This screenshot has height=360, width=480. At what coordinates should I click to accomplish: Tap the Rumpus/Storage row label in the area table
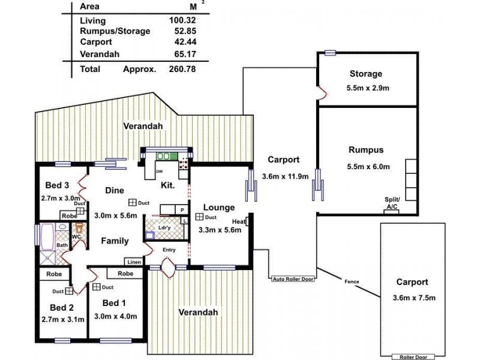click(x=115, y=31)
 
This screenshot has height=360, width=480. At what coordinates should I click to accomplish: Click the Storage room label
click(x=365, y=74)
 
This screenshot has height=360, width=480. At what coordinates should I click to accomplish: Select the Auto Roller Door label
click(x=292, y=278)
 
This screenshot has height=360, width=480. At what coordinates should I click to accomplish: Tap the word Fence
click(x=352, y=281)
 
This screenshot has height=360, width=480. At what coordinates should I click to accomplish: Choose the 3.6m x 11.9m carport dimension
click(x=286, y=176)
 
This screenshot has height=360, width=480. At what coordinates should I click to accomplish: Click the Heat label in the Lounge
click(x=239, y=220)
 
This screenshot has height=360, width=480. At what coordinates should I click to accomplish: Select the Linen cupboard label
click(x=134, y=262)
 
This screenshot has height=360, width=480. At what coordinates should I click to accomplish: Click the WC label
click(x=76, y=237)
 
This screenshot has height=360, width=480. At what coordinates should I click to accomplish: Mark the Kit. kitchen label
click(x=167, y=186)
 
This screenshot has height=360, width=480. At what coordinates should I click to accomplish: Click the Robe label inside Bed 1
click(x=125, y=274)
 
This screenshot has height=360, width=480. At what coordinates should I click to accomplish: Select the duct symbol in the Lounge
click(x=199, y=217)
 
